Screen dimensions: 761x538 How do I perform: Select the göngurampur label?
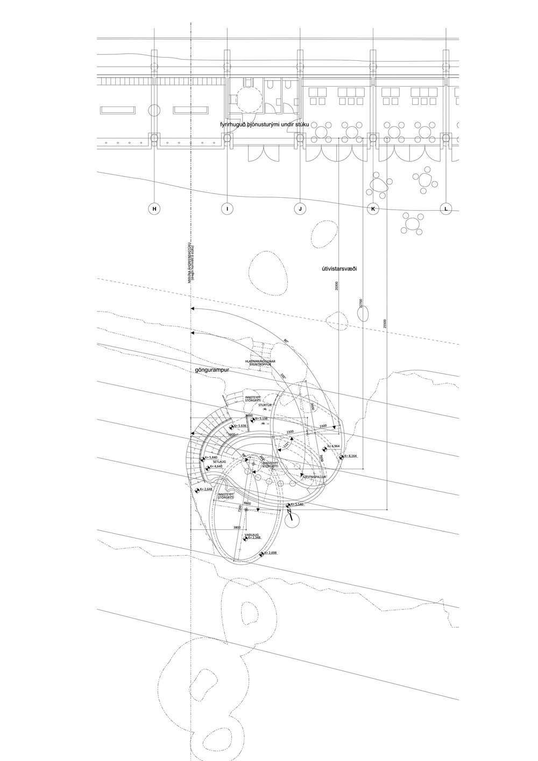click(214, 370)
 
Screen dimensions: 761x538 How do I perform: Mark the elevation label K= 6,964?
click(334, 446)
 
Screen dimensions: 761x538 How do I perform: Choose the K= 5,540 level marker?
click(298, 505)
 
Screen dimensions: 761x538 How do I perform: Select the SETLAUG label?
click(218, 461)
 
